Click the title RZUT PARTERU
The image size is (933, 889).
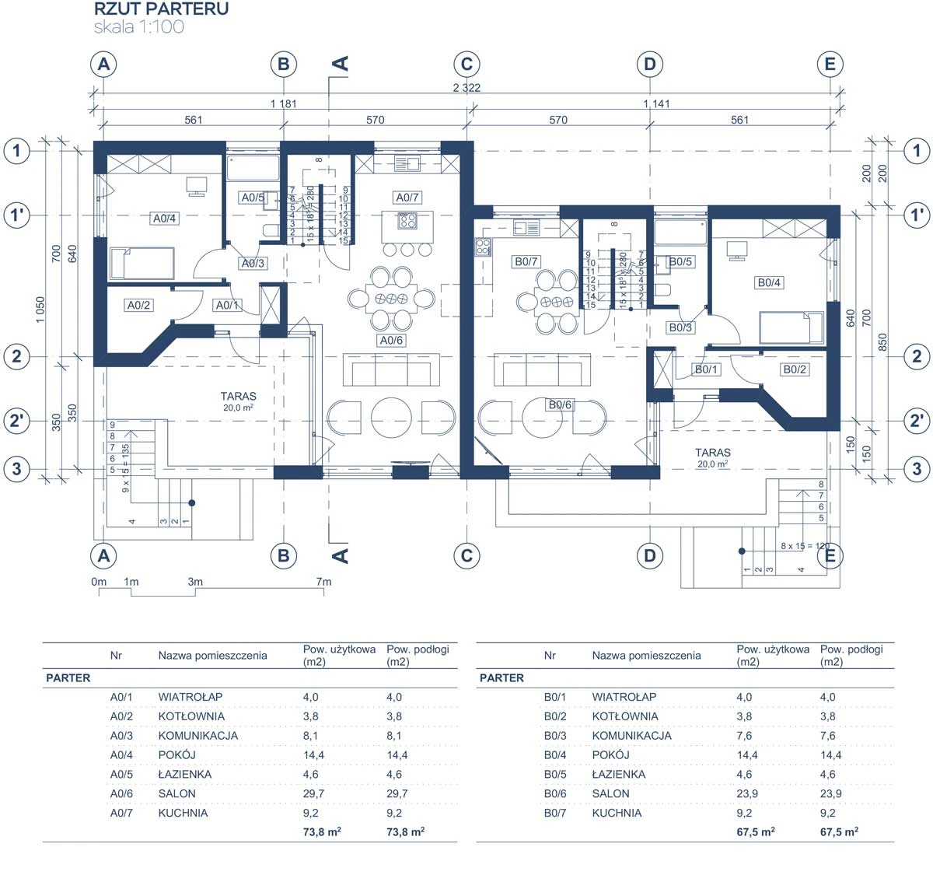162,9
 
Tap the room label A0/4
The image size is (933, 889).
164,219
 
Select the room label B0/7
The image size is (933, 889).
526,261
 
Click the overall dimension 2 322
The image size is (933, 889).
466,88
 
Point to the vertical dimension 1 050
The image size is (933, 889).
40,310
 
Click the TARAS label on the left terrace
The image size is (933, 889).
238,396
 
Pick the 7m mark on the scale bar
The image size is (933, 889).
323,582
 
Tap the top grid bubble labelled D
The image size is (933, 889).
650,64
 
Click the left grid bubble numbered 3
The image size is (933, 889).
16,469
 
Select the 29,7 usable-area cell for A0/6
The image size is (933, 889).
313,793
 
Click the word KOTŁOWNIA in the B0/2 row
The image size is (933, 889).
625,716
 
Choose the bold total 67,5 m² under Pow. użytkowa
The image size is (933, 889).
756,831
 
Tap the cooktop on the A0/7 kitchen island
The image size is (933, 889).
407,221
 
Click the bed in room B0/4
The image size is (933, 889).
791,327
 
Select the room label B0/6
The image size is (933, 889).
560,404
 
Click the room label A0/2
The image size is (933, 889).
138,305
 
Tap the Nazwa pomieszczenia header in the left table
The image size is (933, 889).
212,656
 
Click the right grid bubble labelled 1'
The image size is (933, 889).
917,215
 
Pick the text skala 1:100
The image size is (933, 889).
138,27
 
